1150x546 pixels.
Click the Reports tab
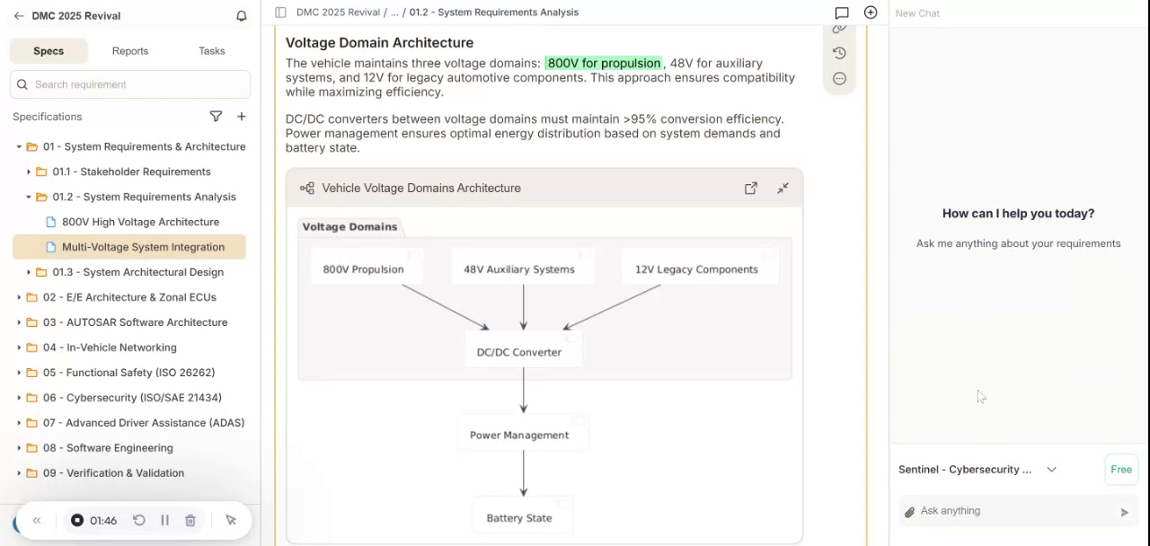(x=130, y=51)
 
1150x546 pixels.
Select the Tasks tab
(x=211, y=51)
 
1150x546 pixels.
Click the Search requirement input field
(x=135, y=84)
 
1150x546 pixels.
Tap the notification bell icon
(x=241, y=16)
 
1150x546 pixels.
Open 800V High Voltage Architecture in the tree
(x=140, y=222)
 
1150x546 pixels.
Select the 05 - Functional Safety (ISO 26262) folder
(x=128, y=373)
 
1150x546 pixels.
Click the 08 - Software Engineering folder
(x=108, y=448)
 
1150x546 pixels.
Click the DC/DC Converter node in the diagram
(x=519, y=352)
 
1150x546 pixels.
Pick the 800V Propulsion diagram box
(x=363, y=269)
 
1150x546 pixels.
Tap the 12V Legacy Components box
(x=696, y=269)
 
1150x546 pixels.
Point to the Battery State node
(x=519, y=518)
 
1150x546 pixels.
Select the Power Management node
(x=519, y=436)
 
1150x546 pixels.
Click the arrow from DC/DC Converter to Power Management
(x=524, y=392)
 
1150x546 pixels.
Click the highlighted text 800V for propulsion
(x=604, y=64)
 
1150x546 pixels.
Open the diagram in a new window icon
(x=751, y=189)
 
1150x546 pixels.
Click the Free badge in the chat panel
(x=1120, y=470)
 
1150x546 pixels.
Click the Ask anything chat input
(x=1011, y=511)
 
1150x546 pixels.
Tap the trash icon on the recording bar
(x=190, y=521)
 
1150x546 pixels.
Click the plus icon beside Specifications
(x=242, y=117)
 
